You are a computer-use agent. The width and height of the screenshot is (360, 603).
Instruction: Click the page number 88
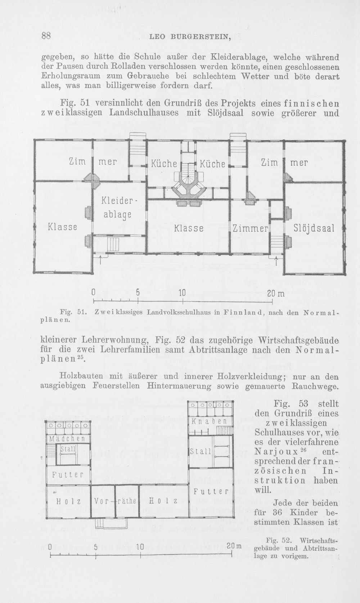click(x=46, y=36)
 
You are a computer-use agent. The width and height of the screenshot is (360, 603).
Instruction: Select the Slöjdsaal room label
click(x=314, y=228)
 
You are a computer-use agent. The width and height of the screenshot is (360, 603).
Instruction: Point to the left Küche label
click(x=164, y=164)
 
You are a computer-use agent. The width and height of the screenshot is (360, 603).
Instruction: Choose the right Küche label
click(x=212, y=164)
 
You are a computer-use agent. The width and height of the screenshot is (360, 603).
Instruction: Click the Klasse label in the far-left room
click(x=62, y=227)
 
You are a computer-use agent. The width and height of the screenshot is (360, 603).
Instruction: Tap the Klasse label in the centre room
click(x=189, y=228)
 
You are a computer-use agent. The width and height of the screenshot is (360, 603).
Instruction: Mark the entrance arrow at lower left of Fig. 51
click(x=101, y=260)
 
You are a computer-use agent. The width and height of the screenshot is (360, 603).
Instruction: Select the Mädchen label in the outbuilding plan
click(x=67, y=439)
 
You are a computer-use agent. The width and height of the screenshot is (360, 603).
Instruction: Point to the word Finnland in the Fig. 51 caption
click(x=240, y=313)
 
